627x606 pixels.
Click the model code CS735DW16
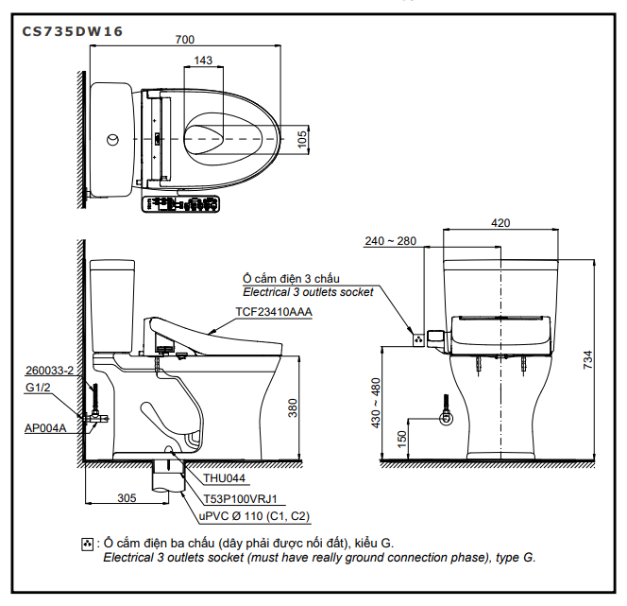72,30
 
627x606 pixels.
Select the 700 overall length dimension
185,40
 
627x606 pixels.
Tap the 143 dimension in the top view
201,60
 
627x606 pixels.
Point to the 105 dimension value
302,139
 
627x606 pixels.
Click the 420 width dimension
500,223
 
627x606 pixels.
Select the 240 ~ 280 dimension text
390,241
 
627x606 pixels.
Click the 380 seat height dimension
293,408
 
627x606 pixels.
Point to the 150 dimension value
402,439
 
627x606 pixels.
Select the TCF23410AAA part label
274,311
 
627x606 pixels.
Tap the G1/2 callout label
38,388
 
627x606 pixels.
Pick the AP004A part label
44,428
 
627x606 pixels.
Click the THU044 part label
224,478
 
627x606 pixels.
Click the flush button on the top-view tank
112,140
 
